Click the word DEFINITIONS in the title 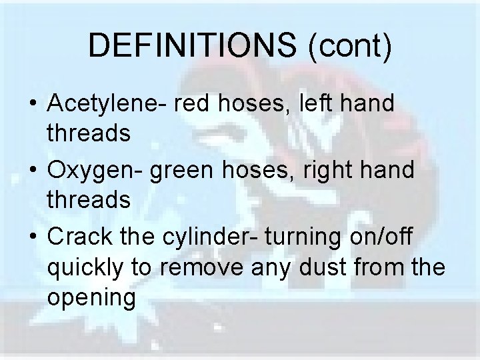[x=191, y=46]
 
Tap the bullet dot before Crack [x=32, y=235]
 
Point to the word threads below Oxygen [x=89, y=200]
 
